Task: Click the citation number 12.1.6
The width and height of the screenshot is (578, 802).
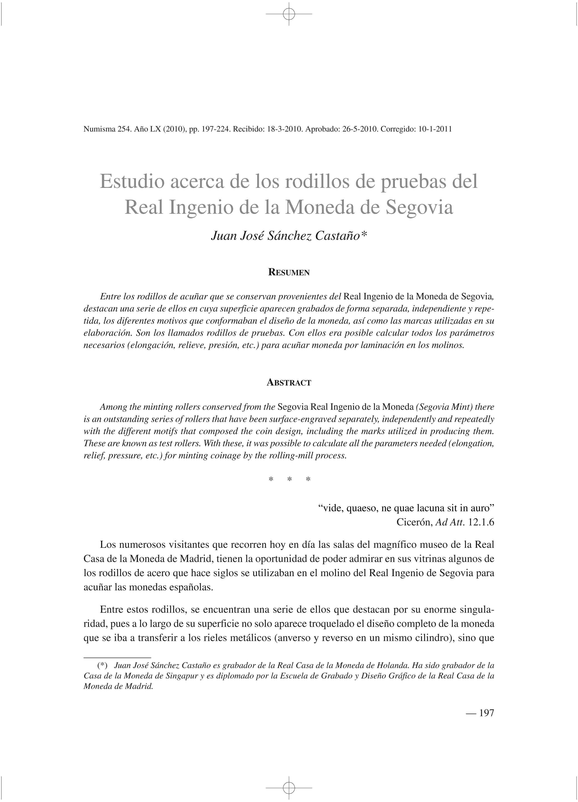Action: point(481,522)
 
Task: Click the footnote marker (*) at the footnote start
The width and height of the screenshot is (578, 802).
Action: point(103,665)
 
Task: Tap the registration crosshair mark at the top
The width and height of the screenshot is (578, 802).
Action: point(289,14)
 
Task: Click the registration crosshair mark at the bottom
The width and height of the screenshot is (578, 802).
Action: point(289,788)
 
